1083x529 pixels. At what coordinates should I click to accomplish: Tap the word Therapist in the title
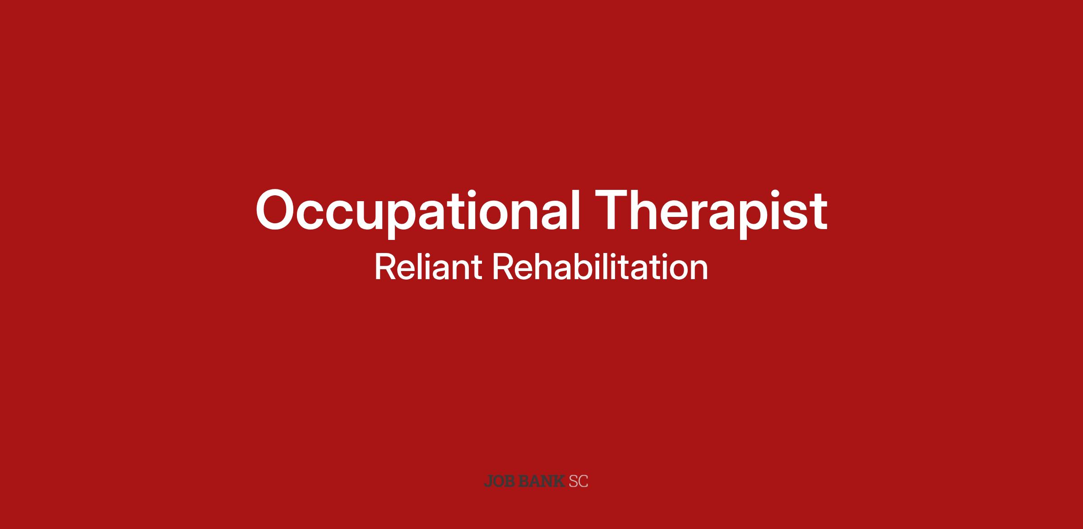(x=711, y=210)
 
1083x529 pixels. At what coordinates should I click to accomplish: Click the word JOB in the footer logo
(x=499, y=481)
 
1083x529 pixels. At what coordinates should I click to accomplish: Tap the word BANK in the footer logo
(x=541, y=481)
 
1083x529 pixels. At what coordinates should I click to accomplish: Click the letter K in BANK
(x=559, y=481)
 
